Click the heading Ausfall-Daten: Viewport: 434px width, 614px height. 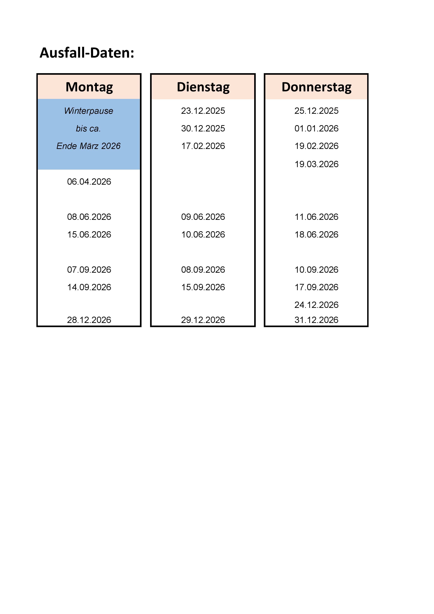87,53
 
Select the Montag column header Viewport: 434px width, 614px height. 89,87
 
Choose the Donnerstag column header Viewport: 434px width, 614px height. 316,87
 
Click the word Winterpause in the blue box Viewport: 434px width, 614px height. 89,111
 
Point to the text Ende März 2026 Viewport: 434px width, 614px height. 89,146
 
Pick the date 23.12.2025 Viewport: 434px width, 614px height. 203,111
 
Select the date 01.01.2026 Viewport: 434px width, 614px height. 316,128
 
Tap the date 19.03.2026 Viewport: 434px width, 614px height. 316,164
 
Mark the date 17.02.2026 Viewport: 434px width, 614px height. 203,146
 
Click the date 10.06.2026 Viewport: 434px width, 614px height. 203,235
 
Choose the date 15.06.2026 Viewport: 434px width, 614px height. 89,235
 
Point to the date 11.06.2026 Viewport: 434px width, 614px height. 316,217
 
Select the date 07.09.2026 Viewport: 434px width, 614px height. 89,270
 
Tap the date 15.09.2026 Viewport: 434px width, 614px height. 203,287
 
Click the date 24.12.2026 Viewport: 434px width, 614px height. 316,305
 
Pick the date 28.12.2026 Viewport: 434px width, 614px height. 89,320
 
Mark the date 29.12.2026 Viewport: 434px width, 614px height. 203,320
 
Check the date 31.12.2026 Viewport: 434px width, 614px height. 316,320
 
